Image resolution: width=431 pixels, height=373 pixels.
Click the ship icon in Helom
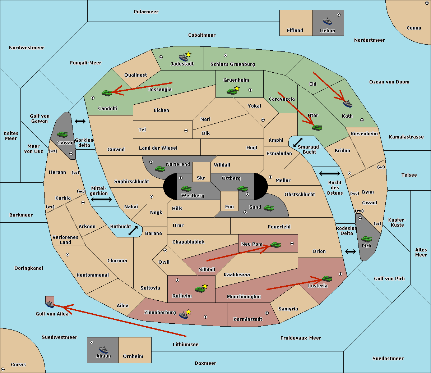327,21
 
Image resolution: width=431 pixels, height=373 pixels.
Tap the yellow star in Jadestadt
188,55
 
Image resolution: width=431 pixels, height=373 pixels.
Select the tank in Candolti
107,93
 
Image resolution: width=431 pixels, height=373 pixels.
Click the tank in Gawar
62,134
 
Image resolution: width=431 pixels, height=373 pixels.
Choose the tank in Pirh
366,239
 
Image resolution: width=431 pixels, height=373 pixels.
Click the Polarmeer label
146,12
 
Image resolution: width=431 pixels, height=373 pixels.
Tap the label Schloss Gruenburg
232,64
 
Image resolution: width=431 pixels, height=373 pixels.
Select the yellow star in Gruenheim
237,88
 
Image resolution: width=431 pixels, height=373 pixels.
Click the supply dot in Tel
186,131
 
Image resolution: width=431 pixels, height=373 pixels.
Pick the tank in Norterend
160,169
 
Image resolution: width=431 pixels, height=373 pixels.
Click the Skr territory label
201,178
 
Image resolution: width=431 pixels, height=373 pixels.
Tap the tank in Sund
269,208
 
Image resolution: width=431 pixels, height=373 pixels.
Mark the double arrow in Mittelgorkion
101,199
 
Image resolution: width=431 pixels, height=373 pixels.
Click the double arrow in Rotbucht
133,231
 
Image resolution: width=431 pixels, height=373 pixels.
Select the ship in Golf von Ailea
50,304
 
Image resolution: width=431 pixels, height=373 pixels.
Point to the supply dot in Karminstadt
267,313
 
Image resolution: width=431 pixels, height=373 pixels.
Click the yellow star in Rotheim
205,286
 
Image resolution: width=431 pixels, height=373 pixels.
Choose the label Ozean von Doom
389,82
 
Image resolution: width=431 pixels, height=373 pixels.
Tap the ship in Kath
348,104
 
